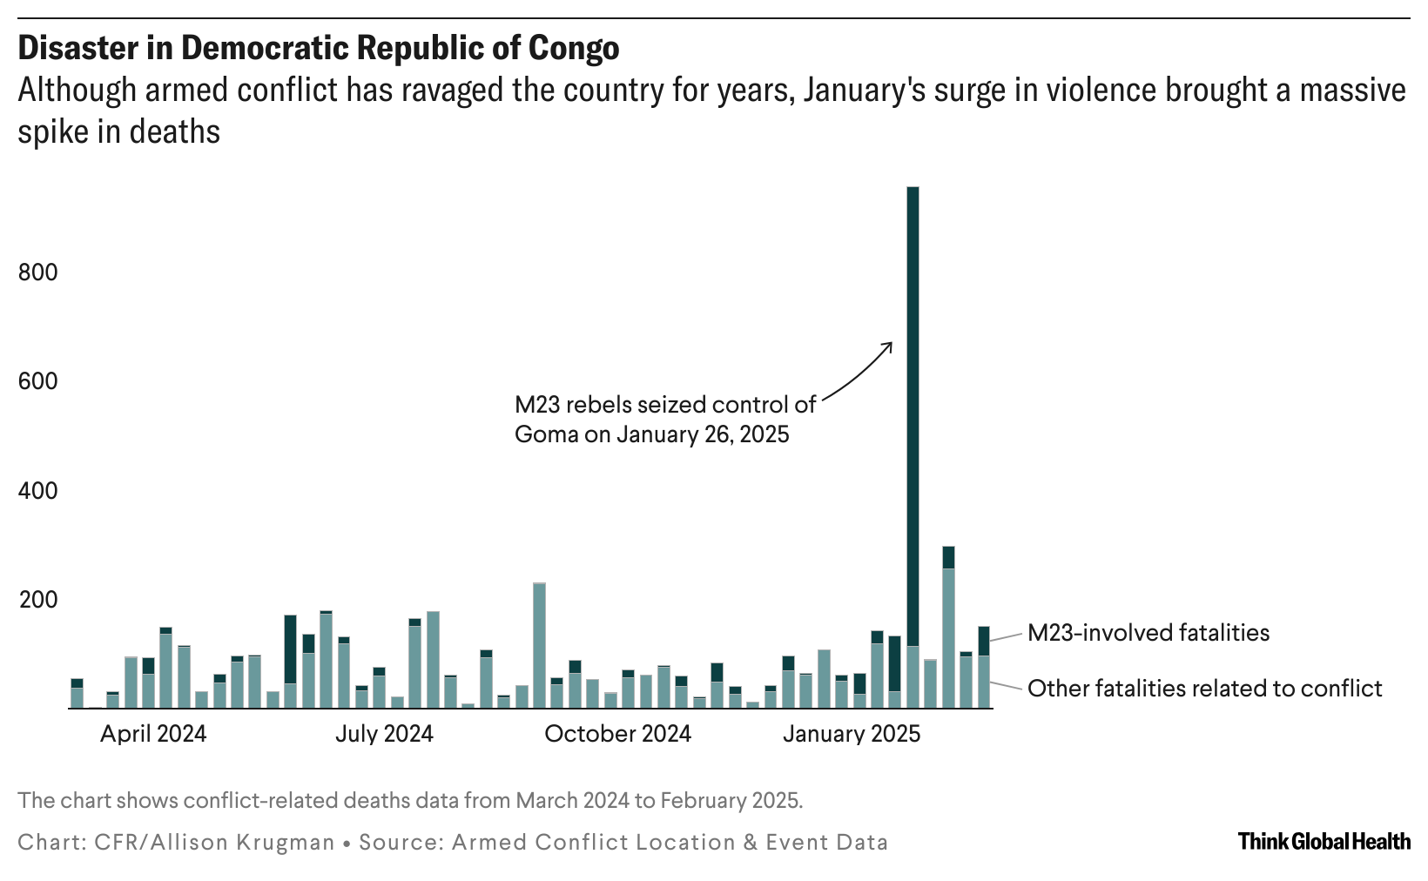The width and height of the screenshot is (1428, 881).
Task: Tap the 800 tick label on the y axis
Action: point(37,273)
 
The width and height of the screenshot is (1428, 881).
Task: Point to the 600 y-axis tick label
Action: point(37,382)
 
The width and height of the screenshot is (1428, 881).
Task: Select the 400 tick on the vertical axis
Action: point(37,492)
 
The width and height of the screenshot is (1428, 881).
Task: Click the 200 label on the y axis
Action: point(37,601)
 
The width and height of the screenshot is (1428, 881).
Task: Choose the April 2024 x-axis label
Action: point(153,734)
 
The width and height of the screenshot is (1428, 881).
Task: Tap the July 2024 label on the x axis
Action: point(384,734)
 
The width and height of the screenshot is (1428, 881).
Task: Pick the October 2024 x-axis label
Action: point(617,734)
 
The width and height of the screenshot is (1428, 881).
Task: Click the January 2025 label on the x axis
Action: point(851,734)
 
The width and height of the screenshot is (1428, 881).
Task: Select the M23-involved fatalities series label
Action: point(1148,633)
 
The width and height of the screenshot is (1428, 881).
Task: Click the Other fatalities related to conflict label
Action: point(1204,689)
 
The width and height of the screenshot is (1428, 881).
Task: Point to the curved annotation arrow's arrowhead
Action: point(890,343)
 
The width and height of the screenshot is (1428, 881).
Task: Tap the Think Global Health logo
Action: point(1324,841)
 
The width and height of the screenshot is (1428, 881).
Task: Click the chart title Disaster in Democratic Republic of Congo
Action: point(318,48)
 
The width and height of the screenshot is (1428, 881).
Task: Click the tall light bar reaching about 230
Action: point(539,645)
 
